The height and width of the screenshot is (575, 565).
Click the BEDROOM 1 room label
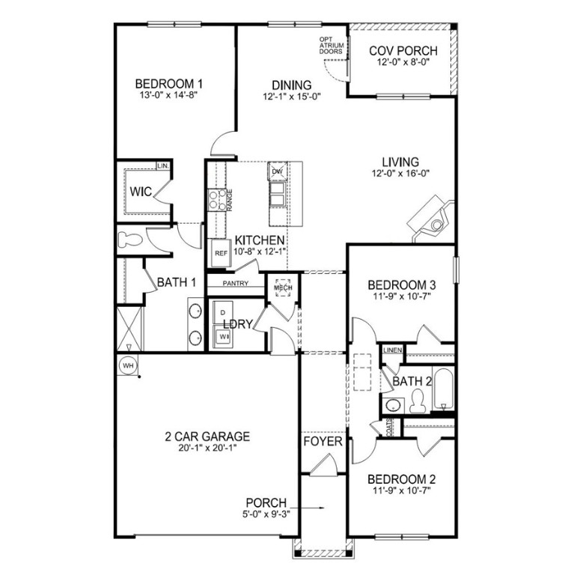pos(169,84)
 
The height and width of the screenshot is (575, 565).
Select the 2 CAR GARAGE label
pos(207,436)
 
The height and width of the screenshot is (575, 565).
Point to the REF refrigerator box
pos(221,253)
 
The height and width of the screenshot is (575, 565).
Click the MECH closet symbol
pos(282,287)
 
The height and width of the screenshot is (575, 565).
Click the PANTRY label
pos(236,284)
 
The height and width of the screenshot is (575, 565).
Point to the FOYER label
pos(323,442)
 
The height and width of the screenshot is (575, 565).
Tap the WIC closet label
pos(141,192)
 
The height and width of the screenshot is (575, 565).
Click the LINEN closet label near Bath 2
pos(392,350)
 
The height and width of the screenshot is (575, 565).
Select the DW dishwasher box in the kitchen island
pos(277,171)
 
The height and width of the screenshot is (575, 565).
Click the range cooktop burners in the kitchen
pos(217,198)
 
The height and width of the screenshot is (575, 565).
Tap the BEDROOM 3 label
pos(403,285)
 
